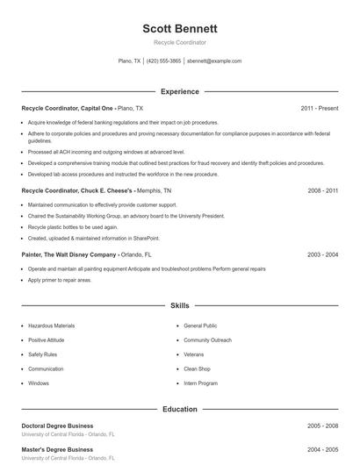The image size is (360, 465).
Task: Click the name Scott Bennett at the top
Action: [179, 29]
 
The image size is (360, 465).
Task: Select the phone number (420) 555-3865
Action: [164, 61]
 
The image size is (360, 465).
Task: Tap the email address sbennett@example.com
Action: [214, 61]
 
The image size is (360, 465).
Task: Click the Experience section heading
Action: [179, 91]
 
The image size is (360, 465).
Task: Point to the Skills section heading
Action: [179, 305]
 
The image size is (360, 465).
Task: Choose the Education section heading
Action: [179, 409]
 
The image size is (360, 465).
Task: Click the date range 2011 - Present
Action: [319, 108]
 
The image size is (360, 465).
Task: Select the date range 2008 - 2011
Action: [322, 190]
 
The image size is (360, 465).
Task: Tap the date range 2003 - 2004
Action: [322, 254]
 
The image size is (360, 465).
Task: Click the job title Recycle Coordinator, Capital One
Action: [68, 108]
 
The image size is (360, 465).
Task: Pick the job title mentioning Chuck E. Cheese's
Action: [77, 190]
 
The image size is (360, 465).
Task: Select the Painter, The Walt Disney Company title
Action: [68, 254]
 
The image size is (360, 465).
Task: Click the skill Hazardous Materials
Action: [51, 325]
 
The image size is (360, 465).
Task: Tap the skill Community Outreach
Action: [207, 340]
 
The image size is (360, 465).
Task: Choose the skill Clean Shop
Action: [197, 368]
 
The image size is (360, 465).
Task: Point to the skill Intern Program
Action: [201, 383]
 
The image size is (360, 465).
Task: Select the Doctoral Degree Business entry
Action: [57, 426]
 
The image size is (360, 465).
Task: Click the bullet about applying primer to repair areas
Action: [59, 280]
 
